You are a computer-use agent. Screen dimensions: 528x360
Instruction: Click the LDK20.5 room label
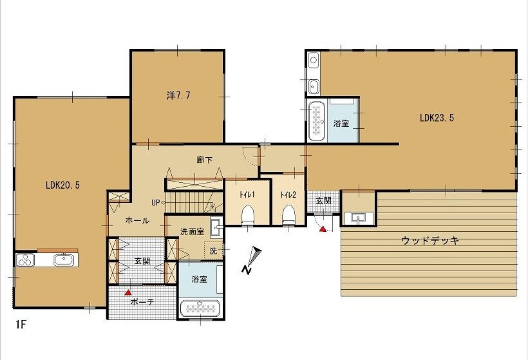coord(62,185)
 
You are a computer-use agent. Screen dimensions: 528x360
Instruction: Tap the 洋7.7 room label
coord(178,96)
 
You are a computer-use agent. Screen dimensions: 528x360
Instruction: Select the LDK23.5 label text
coord(437,118)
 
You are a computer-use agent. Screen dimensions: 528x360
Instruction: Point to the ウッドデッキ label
coord(430,240)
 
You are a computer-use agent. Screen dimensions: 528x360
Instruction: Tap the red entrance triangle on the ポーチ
coord(127,292)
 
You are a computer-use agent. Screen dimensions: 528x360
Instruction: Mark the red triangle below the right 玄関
coord(323,229)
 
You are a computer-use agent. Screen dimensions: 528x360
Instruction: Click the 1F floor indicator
coord(21,325)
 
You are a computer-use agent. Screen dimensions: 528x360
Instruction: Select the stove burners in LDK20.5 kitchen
coord(25,260)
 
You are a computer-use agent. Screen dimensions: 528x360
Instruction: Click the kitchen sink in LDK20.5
coord(64,260)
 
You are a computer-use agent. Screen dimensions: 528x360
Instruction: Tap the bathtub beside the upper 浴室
coord(317,121)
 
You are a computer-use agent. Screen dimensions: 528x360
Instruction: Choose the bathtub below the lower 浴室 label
coord(200,307)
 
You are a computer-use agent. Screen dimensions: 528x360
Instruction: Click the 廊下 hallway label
coord(204,160)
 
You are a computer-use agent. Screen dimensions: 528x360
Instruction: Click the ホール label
coord(137,221)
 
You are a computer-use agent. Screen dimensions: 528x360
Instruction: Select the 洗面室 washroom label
coord(192,232)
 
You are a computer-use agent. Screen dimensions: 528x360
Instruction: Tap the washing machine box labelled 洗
coord(214,251)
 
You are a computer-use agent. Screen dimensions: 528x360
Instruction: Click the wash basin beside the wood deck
coord(357,218)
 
